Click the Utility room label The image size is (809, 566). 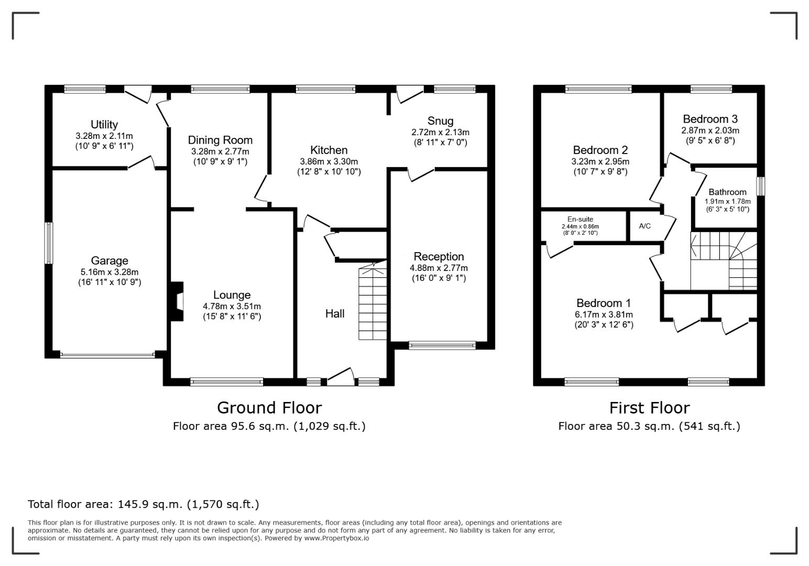tap(104, 125)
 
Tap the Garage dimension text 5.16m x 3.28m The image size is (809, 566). tap(110, 272)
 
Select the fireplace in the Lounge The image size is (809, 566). tap(177, 301)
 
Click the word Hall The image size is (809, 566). tap(335, 313)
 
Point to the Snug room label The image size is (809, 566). tap(440, 121)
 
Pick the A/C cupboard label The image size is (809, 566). tap(644, 226)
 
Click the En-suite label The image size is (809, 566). tap(580, 219)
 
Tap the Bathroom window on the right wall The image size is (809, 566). tap(761, 186)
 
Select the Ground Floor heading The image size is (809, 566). tap(269, 408)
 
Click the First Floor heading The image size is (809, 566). tap(649, 408)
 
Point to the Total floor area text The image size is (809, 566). tap(144, 504)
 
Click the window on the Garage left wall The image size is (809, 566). tap(49, 243)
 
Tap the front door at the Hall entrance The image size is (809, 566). tap(341, 376)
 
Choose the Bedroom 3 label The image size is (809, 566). tap(710, 119)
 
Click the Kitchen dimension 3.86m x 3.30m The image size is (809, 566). tap(329, 162)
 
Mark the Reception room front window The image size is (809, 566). tap(442, 345)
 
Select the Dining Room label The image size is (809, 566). tap(220, 140)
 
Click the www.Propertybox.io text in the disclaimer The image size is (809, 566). tap(336, 538)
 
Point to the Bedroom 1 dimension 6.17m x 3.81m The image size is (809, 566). tap(604, 314)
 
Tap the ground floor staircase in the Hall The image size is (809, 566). tap(373, 301)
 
